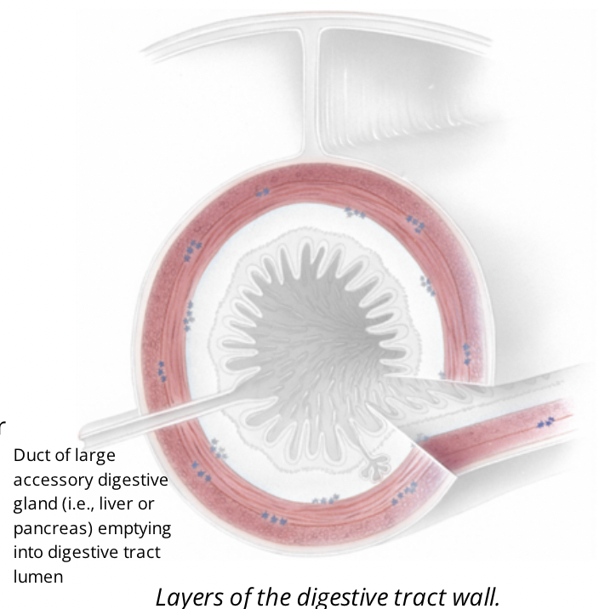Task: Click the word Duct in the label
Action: [x=31, y=455]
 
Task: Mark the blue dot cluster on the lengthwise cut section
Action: [x=545, y=421]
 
